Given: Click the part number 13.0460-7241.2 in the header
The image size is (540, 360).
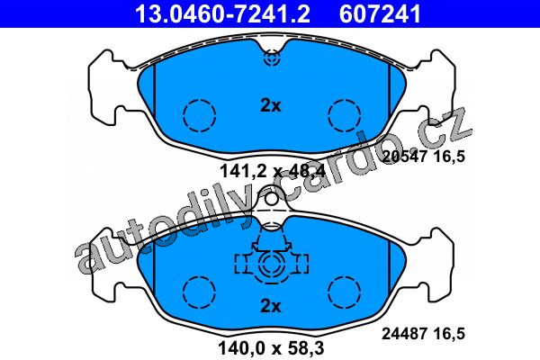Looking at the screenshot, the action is tap(223, 13).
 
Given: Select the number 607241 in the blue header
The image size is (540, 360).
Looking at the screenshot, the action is tap(380, 13).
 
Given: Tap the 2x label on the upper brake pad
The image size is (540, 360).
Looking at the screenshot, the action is tap(271, 106).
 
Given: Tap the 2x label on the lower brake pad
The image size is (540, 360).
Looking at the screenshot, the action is tap(271, 306).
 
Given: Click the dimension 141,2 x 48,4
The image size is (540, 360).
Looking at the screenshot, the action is tap(272, 171).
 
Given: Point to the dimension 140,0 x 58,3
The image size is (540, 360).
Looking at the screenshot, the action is tap(271, 348).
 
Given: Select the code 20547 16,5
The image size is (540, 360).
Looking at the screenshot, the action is tap(424, 157).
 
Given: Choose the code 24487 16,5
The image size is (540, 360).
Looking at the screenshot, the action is tap(424, 334).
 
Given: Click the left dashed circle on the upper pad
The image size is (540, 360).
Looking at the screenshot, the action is tap(200, 116).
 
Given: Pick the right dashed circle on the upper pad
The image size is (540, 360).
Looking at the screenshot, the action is tap(345, 116).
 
